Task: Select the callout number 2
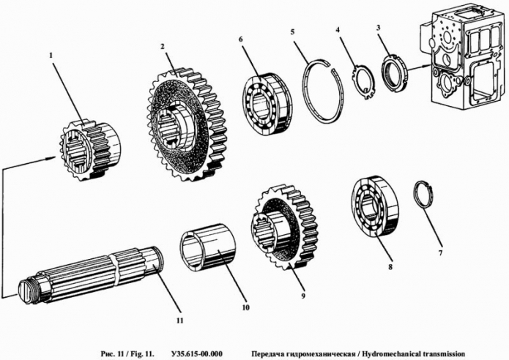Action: click(163, 45)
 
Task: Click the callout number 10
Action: click(245, 307)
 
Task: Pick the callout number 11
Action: click(179, 319)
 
